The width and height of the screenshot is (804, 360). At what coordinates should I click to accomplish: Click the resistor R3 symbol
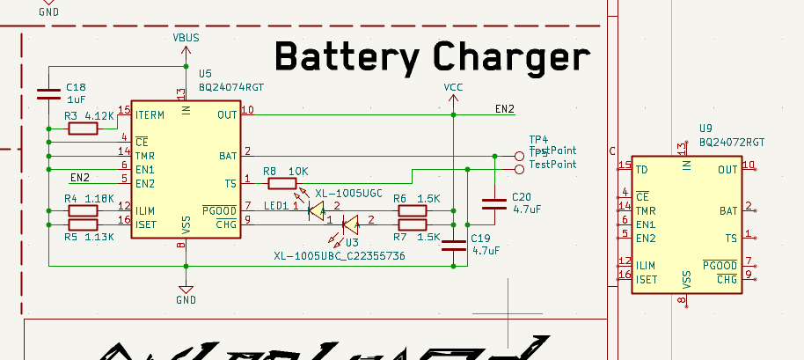click(83, 129)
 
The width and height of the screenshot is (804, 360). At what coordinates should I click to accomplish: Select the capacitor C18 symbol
click(49, 93)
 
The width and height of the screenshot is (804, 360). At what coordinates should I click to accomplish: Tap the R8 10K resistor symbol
click(282, 183)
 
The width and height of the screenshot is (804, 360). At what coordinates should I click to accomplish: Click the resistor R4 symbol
click(83, 211)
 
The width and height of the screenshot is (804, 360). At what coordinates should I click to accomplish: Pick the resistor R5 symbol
click(83, 224)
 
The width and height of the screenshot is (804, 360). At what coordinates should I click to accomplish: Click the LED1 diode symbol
click(315, 210)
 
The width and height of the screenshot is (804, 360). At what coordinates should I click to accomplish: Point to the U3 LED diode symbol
click(349, 224)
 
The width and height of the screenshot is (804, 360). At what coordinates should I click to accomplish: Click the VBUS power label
click(186, 40)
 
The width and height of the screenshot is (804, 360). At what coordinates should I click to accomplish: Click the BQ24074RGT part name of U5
click(231, 87)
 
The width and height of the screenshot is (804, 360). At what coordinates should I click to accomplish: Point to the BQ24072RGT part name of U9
click(732, 141)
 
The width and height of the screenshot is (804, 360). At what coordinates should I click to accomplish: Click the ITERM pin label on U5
click(150, 114)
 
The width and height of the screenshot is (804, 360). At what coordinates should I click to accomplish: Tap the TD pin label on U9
click(643, 169)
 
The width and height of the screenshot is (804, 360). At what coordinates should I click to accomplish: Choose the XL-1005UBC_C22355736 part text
click(339, 256)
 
